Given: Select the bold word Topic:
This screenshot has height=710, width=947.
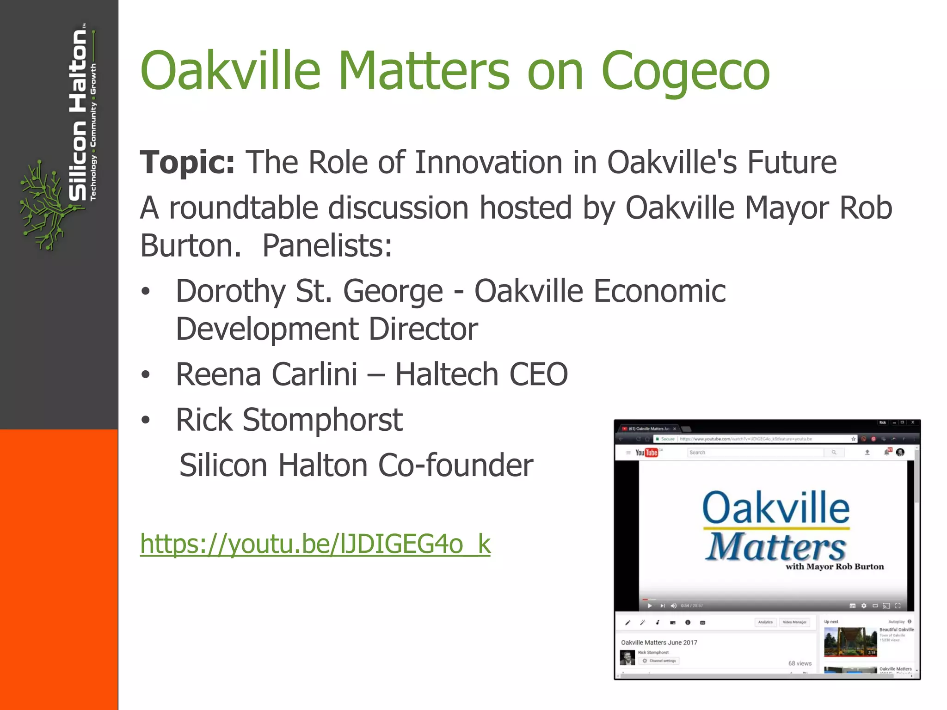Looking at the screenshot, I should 187,163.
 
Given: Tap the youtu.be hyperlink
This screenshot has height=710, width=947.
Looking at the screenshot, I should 315,544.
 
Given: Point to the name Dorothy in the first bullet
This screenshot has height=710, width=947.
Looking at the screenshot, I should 230,292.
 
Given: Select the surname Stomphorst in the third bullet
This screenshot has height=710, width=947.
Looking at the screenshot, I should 322,420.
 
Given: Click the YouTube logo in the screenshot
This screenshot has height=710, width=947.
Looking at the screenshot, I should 646,453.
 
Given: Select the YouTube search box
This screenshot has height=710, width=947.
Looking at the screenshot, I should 756,453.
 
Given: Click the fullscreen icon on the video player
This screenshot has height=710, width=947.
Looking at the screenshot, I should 898,606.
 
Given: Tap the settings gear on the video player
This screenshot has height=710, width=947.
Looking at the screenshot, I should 863,606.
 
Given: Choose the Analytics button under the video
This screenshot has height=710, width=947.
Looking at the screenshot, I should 765,622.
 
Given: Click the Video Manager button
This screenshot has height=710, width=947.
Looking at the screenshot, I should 794,622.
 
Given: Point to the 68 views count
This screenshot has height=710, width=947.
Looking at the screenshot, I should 799,663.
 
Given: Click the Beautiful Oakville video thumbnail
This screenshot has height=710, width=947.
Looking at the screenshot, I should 850,642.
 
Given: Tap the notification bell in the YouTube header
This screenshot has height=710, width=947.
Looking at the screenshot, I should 886,452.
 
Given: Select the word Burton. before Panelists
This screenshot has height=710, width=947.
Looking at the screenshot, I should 191,246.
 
